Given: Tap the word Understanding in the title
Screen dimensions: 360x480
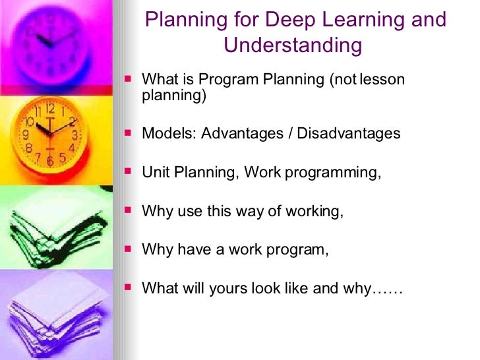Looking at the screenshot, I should [x=293, y=45].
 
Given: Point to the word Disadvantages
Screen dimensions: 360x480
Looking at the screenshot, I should [x=349, y=133].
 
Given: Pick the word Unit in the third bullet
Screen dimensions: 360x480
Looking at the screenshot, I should [x=155, y=173].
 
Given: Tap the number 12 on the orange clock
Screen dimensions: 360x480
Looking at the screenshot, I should [x=50, y=109].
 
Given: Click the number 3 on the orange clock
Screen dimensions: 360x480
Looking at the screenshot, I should [x=75, y=135].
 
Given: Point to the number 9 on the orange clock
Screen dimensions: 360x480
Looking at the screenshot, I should [x=26, y=135].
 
